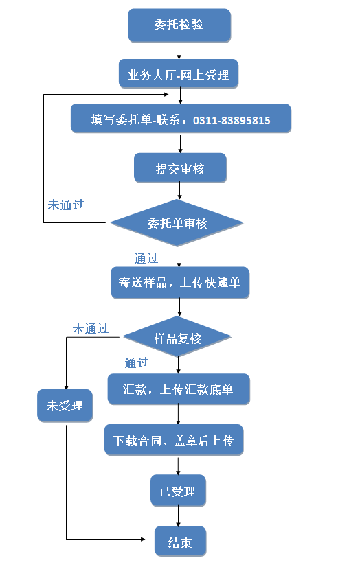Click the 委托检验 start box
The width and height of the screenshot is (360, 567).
point(179,25)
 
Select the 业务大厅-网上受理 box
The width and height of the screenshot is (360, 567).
point(179,73)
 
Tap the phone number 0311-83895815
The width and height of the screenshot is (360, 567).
point(232,120)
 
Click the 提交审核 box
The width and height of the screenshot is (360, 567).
point(180,167)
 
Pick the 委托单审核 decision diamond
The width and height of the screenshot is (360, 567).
point(177,222)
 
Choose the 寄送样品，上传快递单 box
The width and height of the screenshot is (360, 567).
point(180,282)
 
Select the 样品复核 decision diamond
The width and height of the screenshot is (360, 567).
point(177,337)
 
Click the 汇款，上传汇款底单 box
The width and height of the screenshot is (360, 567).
point(179,389)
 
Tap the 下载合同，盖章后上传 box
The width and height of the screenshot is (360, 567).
point(174,440)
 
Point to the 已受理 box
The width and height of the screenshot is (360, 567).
point(178,490)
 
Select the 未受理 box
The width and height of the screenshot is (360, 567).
point(65,406)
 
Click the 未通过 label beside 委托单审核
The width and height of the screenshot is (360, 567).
point(66,205)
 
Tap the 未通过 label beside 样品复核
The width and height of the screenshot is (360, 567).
point(91,328)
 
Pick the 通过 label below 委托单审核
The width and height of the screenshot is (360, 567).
point(146,258)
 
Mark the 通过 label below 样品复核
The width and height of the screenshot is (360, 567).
point(137,362)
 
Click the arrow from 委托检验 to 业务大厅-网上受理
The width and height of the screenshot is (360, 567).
point(179,50)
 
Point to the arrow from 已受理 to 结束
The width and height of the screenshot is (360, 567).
point(178,516)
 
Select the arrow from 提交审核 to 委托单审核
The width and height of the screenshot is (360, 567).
point(179,191)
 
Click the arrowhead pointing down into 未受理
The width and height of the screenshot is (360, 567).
point(66,387)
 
